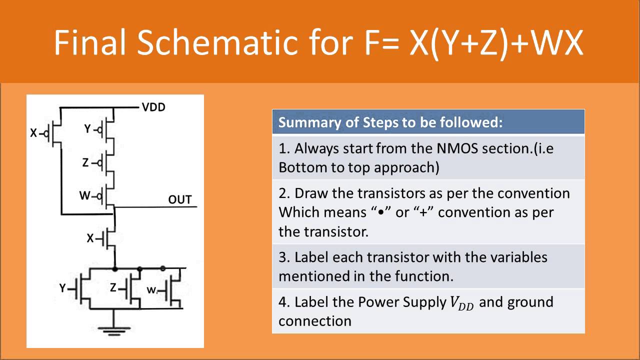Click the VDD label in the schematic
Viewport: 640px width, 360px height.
tap(153, 107)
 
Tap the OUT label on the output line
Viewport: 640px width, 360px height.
tap(179, 199)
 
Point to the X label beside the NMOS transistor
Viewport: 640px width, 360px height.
tap(90, 238)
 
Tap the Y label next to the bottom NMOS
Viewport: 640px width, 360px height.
tap(62, 288)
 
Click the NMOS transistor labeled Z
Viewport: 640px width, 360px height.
tap(132, 288)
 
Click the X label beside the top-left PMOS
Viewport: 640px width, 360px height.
tap(33, 133)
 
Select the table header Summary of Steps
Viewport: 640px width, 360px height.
tap(390, 122)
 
